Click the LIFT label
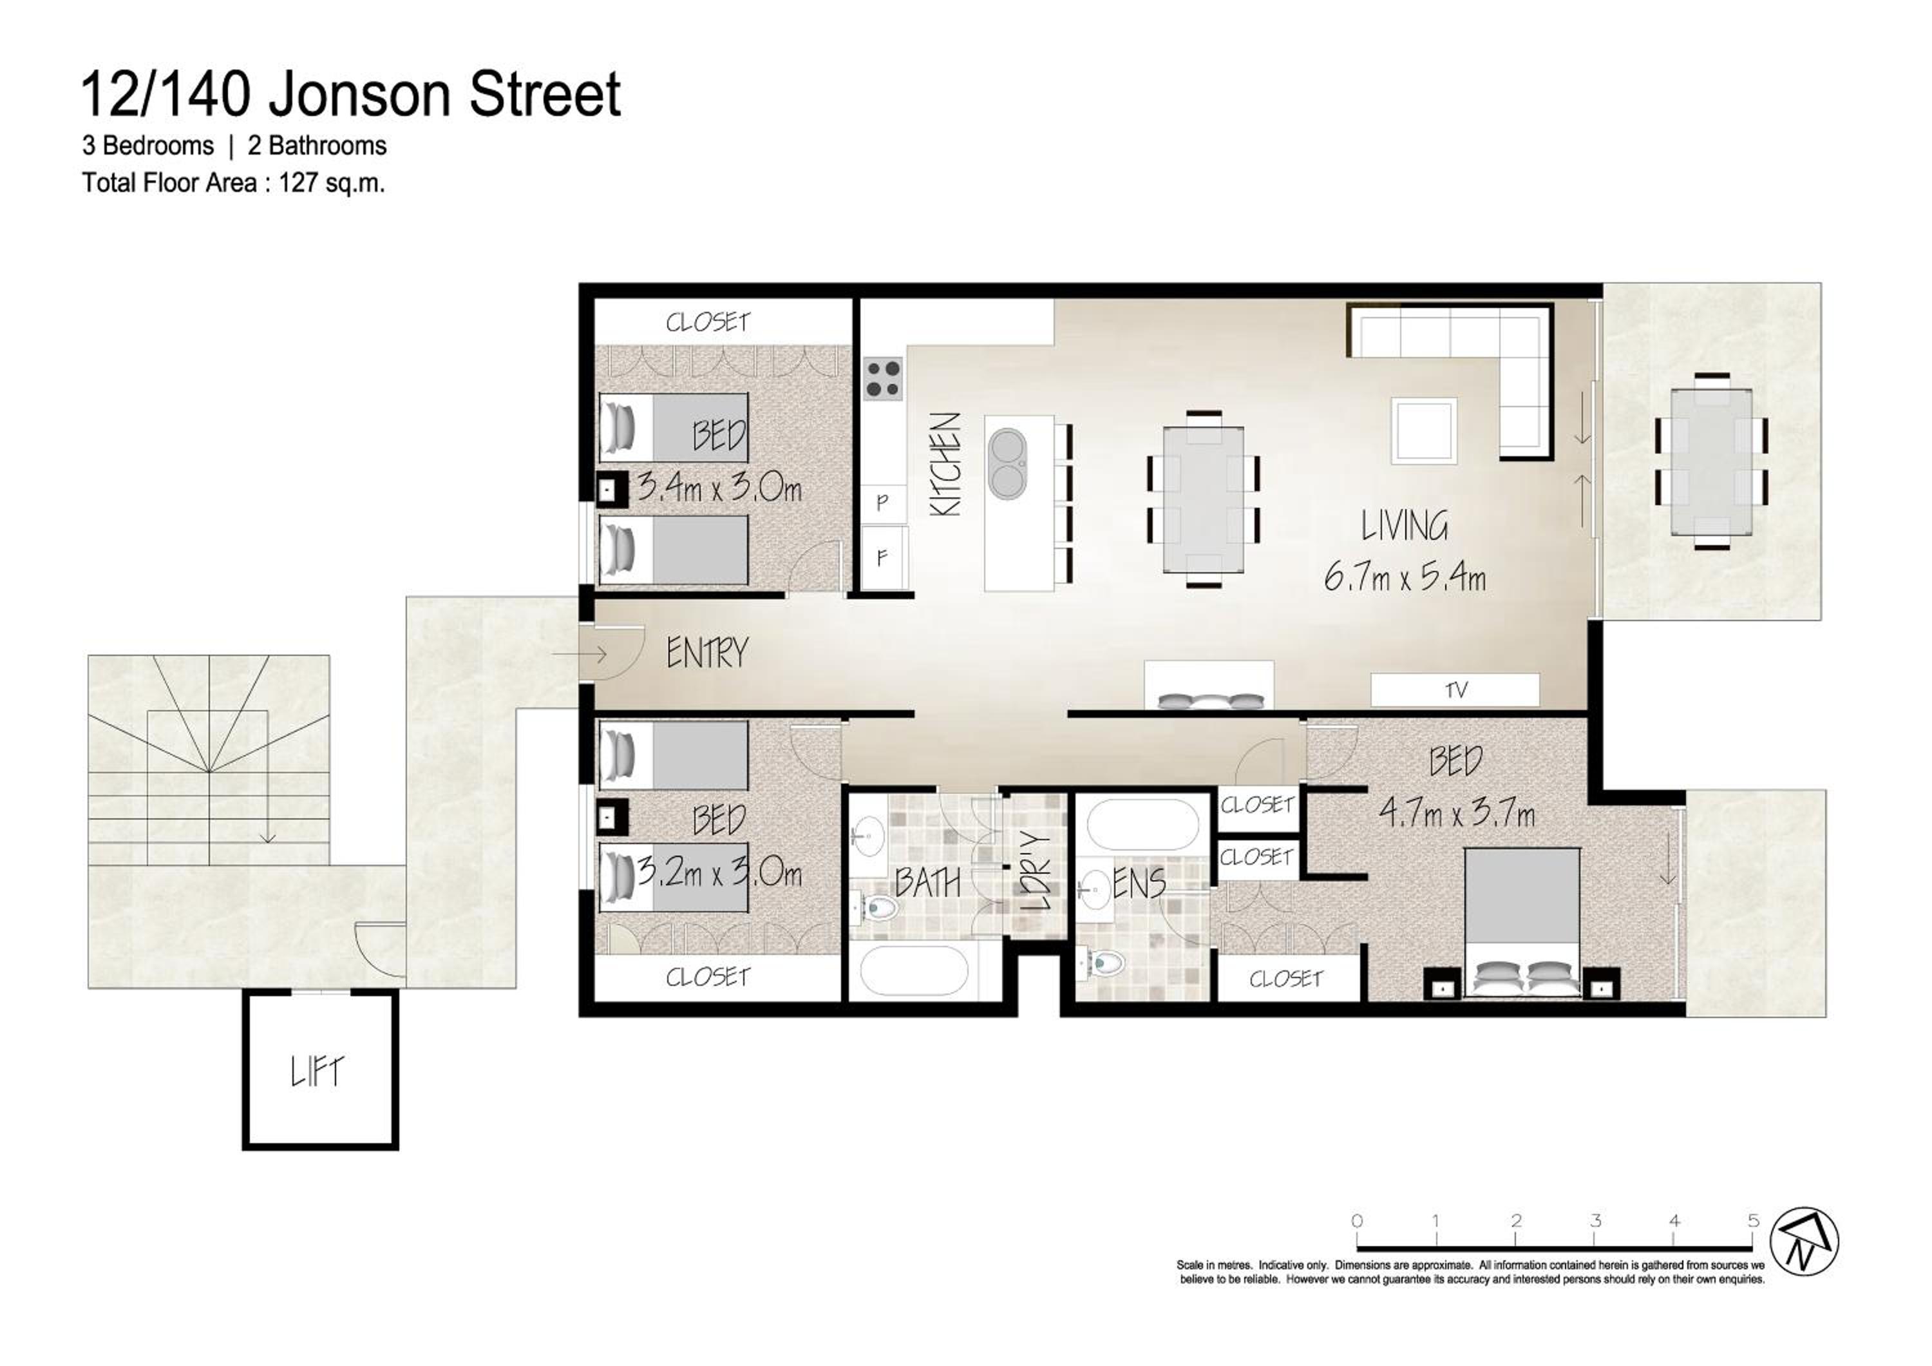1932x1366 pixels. [x=317, y=1072]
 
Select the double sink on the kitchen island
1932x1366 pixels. [x=1007, y=463]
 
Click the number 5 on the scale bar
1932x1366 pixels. [x=1754, y=1220]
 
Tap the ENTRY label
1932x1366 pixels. [x=707, y=653]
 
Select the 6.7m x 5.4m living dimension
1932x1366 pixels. [x=1405, y=577]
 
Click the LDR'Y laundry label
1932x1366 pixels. [x=1037, y=872]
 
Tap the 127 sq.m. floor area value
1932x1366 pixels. [x=332, y=182]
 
